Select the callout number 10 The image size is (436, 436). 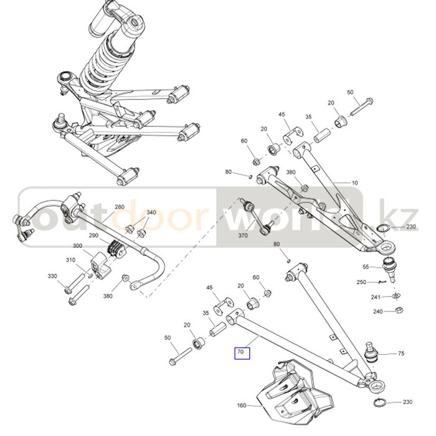tap(355, 183)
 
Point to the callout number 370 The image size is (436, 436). tap(243, 235)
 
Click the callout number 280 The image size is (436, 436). tap(120, 207)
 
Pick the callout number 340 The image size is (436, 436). tap(151, 213)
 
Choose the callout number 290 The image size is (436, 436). tap(94, 235)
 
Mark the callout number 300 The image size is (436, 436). tap(78, 246)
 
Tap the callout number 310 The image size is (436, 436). tap(70, 260)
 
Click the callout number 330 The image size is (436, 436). tap(52, 275)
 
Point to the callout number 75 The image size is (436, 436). tap(400, 354)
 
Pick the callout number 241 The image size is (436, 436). tap(376, 297)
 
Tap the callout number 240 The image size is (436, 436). tap(377, 311)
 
